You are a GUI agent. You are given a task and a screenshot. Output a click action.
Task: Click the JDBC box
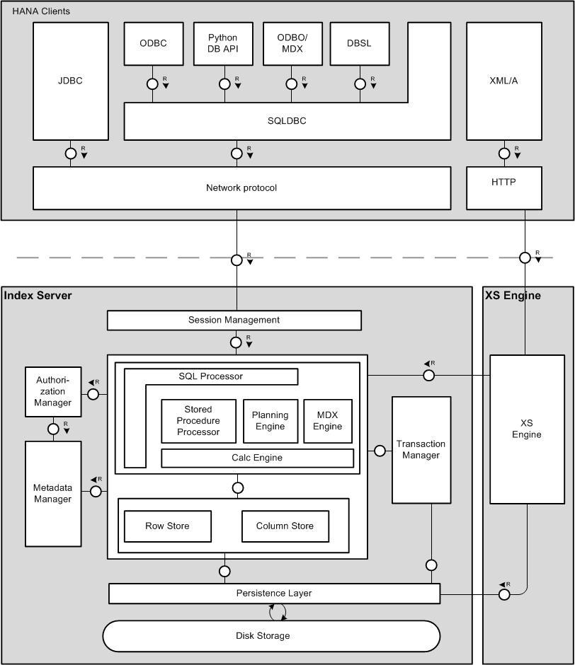pyautogui.click(x=70, y=81)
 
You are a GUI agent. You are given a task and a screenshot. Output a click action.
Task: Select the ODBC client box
pyautogui.click(x=152, y=44)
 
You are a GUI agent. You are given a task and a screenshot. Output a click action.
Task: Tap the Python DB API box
pyautogui.click(x=222, y=44)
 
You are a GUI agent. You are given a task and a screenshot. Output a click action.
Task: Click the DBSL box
pyautogui.click(x=359, y=44)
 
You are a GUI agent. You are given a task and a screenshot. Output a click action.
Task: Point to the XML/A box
pyautogui.click(x=503, y=81)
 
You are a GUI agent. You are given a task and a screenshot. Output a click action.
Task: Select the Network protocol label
pyautogui.click(x=241, y=188)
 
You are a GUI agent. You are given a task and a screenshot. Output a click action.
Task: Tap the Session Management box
pyautogui.click(x=234, y=320)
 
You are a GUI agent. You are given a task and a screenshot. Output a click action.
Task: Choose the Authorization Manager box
pyautogui.click(x=54, y=392)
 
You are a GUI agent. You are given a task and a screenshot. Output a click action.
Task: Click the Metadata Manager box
pyautogui.click(x=52, y=494)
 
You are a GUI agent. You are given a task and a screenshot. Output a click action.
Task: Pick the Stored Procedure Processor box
pyautogui.click(x=198, y=421)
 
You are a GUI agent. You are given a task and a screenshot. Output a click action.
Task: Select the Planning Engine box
pyautogui.click(x=270, y=421)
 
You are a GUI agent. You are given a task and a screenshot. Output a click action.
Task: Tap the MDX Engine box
pyautogui.click(x=327, y=421)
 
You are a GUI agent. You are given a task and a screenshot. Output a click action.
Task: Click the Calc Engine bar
pyautogui.click(x=257, y=458)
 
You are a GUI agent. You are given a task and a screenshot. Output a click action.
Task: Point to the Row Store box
pyautogui.click(x=167, y=526)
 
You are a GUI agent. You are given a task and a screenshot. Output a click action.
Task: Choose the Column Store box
pyautogui.click(x=285, y=526)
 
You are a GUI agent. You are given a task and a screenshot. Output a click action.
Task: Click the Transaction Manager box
pyautogui.click(x=421, y=450)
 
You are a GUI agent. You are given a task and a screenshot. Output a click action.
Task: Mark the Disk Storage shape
pyautogui.click(x=271, y=636)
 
